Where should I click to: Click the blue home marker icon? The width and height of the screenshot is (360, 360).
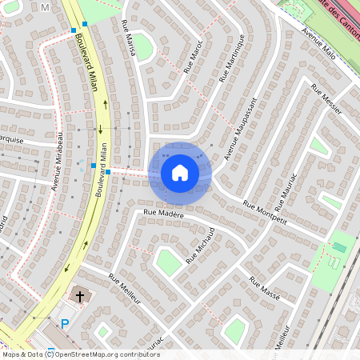click(180, 172)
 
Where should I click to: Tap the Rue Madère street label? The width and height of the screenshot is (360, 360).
click(164, 214)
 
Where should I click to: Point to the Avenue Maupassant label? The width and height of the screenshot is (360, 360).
click(239, 129)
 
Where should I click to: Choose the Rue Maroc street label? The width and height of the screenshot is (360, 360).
click(194, 56)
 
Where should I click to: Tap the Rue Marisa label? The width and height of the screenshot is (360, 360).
click(127, 35)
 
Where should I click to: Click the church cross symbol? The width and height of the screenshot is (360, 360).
click(79, 297)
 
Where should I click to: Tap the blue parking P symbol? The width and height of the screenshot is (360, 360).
click(66, 324)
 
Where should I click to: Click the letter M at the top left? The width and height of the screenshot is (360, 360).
click(44, 7)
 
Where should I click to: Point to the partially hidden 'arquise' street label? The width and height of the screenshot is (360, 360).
click(11, 139)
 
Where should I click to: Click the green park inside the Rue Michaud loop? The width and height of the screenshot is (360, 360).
click(168, 262)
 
